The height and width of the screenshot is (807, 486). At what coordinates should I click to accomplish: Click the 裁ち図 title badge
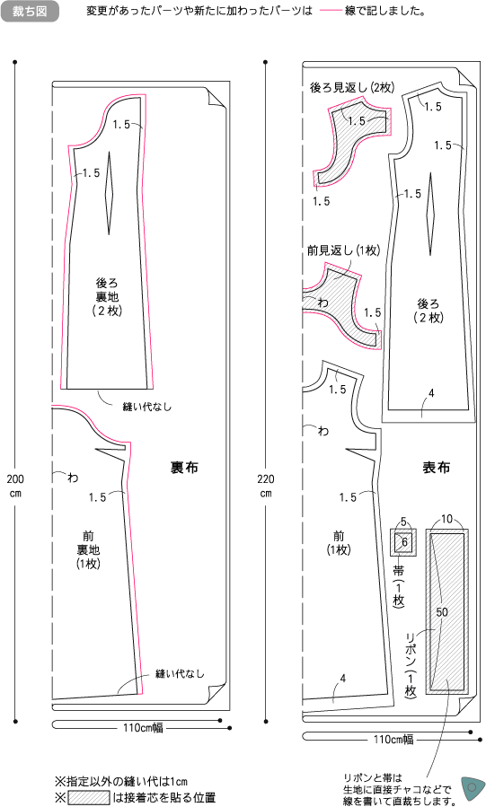[x=30, y=12]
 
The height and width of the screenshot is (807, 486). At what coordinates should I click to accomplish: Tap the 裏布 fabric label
[x=184, y=468]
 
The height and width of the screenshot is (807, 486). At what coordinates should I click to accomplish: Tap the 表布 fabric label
[x=436, y=468]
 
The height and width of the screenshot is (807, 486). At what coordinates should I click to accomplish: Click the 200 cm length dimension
[x=15, y=486]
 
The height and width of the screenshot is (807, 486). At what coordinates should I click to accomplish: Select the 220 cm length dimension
[x=266, y=486]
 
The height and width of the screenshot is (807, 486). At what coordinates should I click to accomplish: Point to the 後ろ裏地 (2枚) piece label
[x=107, y=297]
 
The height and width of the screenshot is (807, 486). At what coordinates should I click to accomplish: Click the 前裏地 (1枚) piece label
[x=88, y=550]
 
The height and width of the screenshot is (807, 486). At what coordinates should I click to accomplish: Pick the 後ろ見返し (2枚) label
[x=352, y=87]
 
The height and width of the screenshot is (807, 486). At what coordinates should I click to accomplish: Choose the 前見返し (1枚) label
[x=343, y=250]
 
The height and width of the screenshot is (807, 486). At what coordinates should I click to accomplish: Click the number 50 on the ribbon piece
[x=442, y=612]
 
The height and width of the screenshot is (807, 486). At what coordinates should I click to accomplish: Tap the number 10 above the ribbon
[x=446, y=519]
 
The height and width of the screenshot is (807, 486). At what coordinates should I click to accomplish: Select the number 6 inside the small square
[x=404, y=542]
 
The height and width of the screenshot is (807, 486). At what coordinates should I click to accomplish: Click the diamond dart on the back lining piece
[x=109, y=194]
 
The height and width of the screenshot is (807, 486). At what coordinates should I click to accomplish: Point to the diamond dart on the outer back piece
[x=430, y=215]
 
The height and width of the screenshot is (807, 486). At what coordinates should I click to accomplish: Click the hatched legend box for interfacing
[x=89, y=797]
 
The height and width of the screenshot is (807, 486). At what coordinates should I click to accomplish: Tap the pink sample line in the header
[x=331, y=11]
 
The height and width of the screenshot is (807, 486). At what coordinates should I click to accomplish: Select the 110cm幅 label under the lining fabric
[x=143, y=727]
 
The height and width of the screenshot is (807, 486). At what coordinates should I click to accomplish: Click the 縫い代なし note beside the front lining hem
[x=180, y=673]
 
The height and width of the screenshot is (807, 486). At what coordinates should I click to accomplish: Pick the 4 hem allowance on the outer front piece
[x=343, y=679]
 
